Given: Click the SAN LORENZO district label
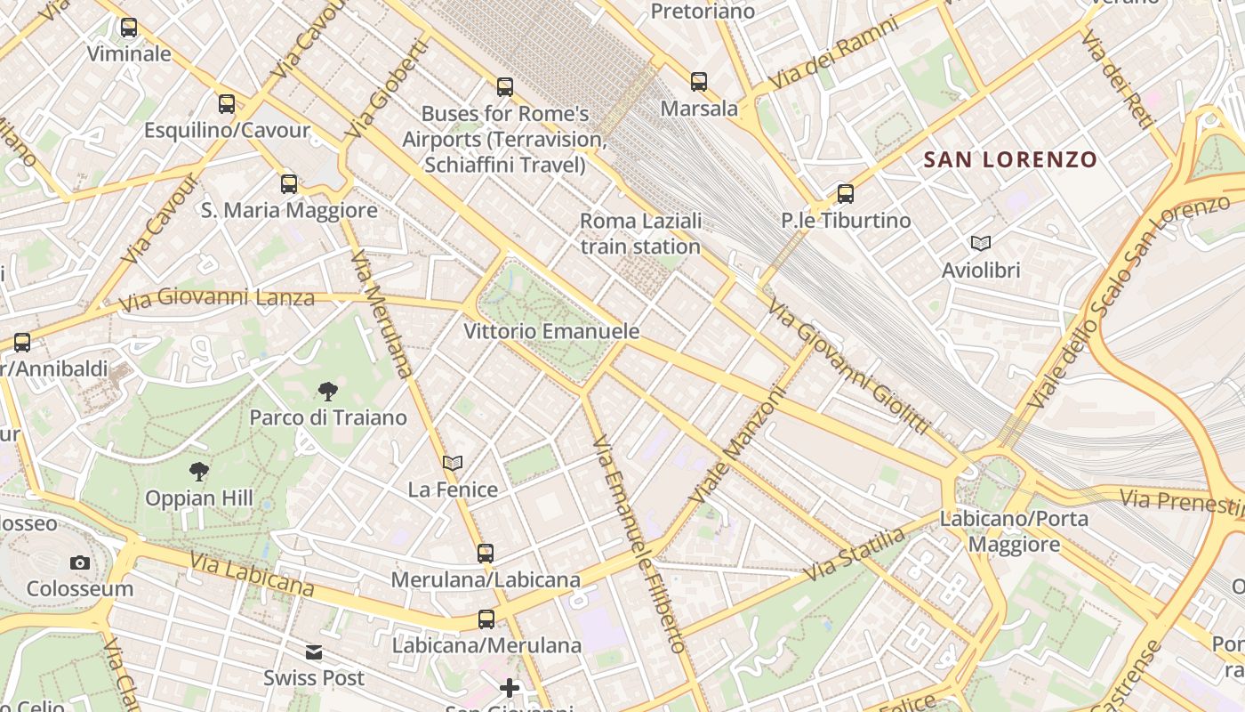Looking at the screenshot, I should coord(1010,160).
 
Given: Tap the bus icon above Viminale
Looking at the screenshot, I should coord(129,28).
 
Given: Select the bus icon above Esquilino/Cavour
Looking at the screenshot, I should coord(227,104).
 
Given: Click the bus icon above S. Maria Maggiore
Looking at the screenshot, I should coord(289,184).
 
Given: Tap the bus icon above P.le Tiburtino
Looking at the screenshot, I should coord(846,194).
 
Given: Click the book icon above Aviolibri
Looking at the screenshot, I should coord(981,243).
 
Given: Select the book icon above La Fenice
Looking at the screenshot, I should coord(453,463).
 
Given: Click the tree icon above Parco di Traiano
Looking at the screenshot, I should coord(327,391).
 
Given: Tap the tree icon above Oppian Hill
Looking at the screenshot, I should coord(199,472).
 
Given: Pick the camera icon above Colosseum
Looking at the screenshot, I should coord(80,562).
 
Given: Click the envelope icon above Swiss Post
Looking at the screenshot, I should coord(314,652).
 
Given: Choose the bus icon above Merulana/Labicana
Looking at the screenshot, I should coord(486,554).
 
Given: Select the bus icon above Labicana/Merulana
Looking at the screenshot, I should coord(486,619).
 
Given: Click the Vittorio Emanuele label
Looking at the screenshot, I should coord(551,332).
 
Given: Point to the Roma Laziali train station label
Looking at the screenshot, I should coord(641,233).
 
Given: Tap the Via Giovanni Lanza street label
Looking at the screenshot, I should coord(218,298).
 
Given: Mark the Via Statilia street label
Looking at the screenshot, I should coord(854,554).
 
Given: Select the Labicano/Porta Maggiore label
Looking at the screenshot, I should coord(1014,531).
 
